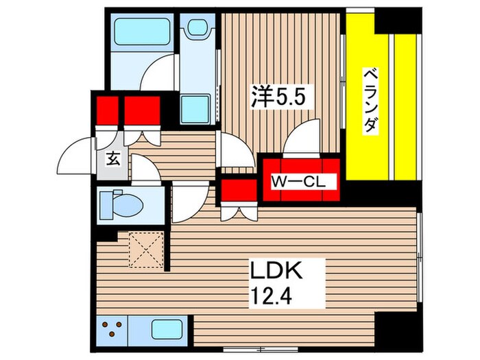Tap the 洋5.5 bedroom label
click(x=278, y=97)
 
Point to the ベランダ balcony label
click(x=371, y=100)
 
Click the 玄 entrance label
click(x=112, y=159)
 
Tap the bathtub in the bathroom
click(x=142, y=32)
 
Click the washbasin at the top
click(x=198, y=27)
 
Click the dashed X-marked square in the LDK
click(x=146, y=250)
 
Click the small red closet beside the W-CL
click(x=239, y=191)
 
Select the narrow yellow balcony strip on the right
click(x=405, y=107)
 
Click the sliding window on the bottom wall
click(x=261, y=348)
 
